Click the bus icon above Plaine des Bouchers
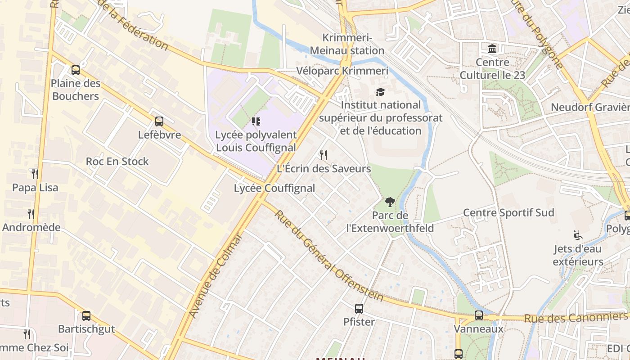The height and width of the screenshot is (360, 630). tap(76, 70)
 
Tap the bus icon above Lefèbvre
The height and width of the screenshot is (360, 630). tap(159, 121)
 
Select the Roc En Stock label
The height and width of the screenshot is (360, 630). tap(117, 161)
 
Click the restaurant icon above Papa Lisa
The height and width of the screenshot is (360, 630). tap(35, 174)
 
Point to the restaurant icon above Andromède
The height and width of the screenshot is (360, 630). tap(31, 214)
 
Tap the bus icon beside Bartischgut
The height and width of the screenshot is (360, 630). tap(86, 316)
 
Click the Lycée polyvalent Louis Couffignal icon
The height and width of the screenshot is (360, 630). tap(256, 121)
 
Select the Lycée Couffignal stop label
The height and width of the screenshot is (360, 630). tap(274, 188)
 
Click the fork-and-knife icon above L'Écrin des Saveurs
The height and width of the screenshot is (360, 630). tap(324, 155)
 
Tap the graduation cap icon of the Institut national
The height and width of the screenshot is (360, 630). tap(381, 92)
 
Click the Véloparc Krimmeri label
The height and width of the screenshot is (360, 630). tap(342, 71)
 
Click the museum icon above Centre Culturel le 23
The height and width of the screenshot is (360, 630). tap(492, 49)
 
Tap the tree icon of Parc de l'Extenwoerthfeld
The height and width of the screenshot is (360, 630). tap(390, 202)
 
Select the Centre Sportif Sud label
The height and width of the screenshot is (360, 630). tap(508, 212)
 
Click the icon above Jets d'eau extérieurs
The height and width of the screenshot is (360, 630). tap(578, 235)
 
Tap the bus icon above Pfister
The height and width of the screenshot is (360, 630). tap(359, 309)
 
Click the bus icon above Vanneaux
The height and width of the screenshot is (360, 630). tap(478, 315)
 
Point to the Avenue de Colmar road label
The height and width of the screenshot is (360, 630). tap(216, 275)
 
